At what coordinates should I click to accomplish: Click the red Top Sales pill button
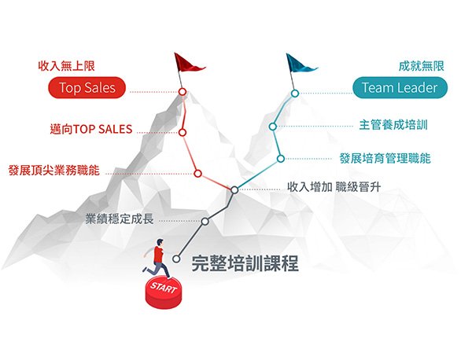tap(87, 87)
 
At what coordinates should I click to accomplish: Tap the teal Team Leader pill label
tap(400, 87)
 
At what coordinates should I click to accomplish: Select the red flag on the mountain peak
tap(188, 63)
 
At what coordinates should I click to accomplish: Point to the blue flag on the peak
tap(301, 64)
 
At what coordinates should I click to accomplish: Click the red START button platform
tap(164, 293)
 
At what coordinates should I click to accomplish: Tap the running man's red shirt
tap(158, 255)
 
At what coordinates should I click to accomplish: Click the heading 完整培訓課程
tap(245, 263)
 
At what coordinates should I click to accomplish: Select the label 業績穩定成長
tap(120, 219)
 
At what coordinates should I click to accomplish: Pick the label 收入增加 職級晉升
tap(334, 187)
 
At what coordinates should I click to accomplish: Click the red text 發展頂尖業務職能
tap(54, 171)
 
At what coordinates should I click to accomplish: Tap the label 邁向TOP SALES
tap(91, 129)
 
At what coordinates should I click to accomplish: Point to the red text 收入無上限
tap(66, 66)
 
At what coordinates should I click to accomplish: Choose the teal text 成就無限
tap(422, 66)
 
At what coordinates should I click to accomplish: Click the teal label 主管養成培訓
tap(393, 125)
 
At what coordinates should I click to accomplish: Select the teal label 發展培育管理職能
tap(385, 159)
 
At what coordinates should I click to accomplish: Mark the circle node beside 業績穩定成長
tap(205, 221)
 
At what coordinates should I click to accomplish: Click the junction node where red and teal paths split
tap(234, 190)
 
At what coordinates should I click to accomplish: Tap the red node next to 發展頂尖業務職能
tap(198, 174)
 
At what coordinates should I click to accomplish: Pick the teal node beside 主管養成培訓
tap(273, 127)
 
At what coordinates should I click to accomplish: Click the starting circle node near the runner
tap(176, 259)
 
